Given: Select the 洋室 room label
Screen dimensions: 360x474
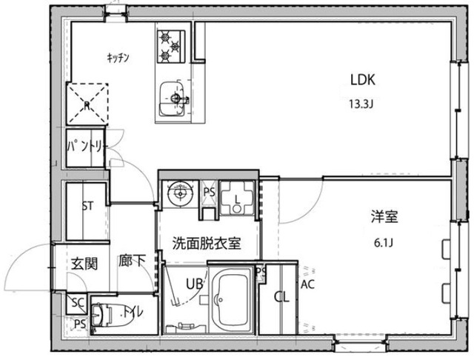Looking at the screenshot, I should tap(385, 217).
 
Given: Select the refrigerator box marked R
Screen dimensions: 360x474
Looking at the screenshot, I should tap(87, 105).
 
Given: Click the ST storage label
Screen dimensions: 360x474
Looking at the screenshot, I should tap(87, 206).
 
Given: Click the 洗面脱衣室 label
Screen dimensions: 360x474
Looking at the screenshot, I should tap(206, 243).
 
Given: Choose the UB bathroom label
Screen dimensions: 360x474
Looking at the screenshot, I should tap(194, 284).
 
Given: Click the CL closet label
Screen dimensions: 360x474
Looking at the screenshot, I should tap(281, 298).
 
